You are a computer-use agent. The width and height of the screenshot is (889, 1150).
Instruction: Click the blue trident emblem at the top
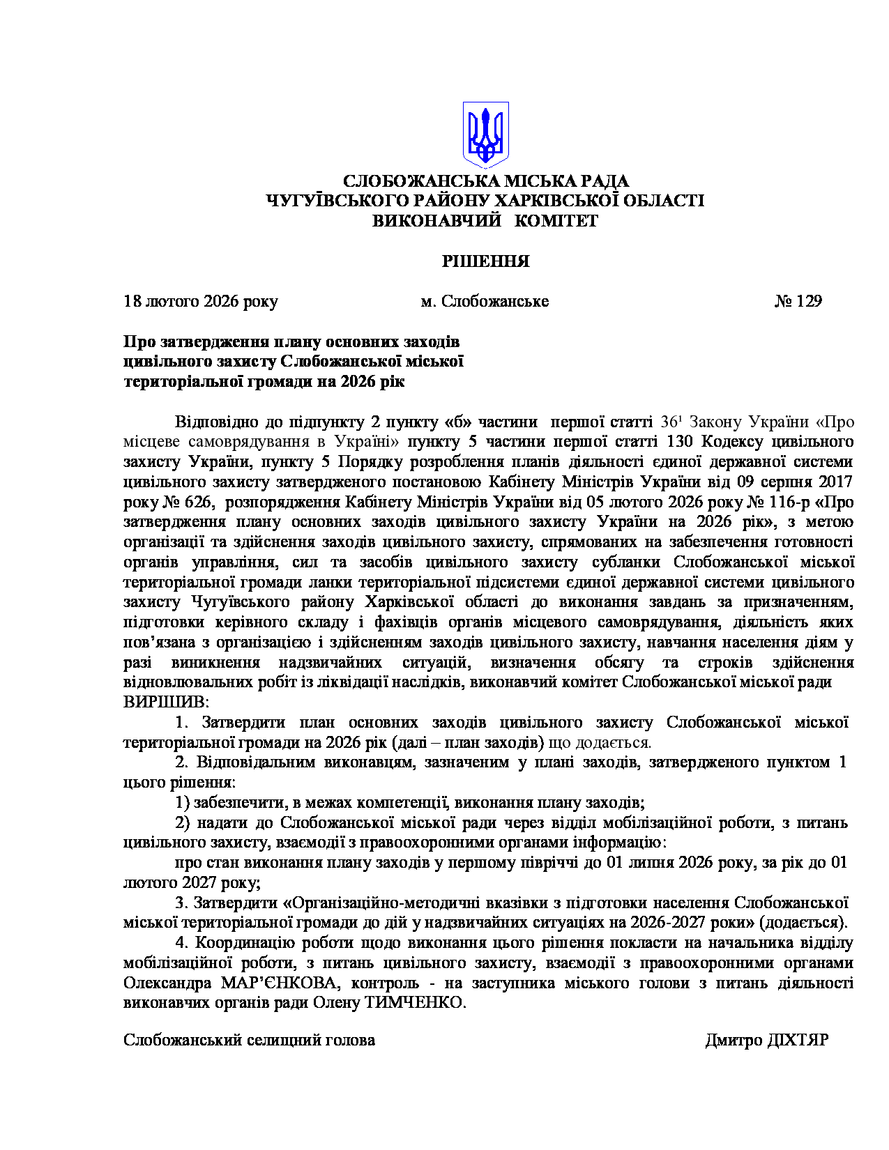coord(485,135)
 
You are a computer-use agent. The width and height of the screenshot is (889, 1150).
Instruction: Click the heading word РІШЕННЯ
coord(485,261)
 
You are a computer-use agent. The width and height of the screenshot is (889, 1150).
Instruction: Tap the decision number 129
coord(809,301)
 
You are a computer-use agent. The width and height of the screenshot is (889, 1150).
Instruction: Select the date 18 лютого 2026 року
coord(201,301)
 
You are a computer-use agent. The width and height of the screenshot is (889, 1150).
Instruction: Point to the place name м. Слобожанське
coord(485,301)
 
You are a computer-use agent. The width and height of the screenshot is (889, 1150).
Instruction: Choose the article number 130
coord(681,441)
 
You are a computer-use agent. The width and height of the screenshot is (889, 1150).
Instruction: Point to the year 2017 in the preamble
coord(835,482)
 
